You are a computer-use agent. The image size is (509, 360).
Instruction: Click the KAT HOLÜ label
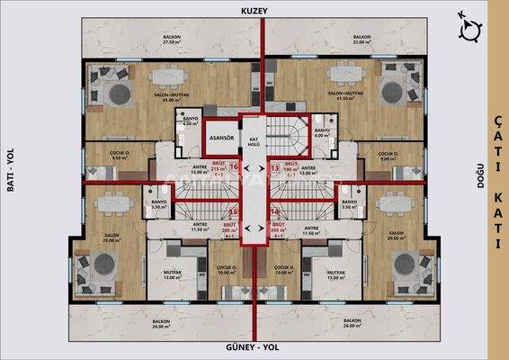tap(254, 140)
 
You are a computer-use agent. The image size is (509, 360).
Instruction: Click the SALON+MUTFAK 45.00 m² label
tap(167, 97)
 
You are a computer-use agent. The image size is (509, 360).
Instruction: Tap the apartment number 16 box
tap(234, 166)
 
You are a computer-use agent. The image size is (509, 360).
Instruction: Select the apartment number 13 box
tap(275, 166)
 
